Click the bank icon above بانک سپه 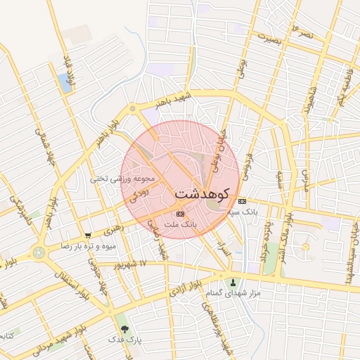click(242, 200)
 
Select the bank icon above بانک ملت click(180, 213)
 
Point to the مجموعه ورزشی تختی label click(117, 179)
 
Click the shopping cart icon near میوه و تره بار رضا click(87, 236)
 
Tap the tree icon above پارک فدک click(124, 328)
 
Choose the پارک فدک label click(124, 339)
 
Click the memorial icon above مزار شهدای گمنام click(233, 281)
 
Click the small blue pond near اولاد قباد click(66, 83)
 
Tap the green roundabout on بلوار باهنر click(39, 252)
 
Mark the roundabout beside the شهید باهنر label click(132, 109)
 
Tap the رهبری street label click(112, 229)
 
